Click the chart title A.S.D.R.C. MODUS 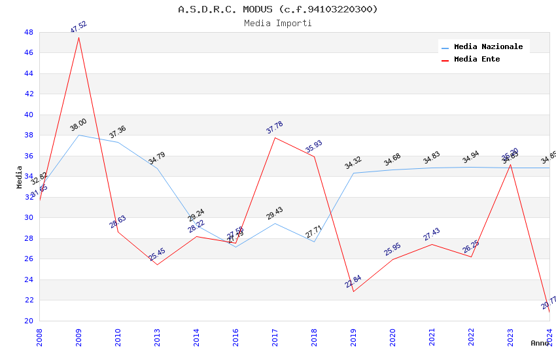point(278,9)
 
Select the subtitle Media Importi point(278,23)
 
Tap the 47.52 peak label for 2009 point(78,27)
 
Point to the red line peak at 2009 point(78,37)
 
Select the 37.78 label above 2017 point(275,128)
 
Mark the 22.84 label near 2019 point(353,281)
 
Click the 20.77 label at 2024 point(549,302)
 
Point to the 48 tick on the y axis point(29,32)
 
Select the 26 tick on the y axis point(29,259)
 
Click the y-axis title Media point(19,177)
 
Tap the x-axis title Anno point(540,343)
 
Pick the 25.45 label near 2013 point(157,255)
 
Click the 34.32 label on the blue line point(353,163)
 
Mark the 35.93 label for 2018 point(314,147)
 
